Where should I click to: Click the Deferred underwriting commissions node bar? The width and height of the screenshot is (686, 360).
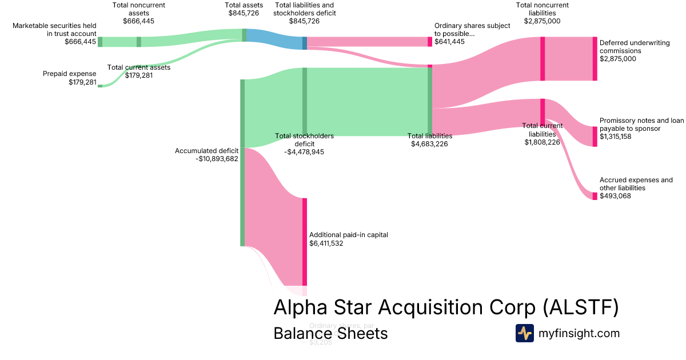click(x=595, y=58)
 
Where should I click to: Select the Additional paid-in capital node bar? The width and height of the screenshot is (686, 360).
click(x=305, y=242)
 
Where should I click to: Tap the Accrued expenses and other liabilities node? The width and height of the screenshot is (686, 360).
click(x=595, y=196)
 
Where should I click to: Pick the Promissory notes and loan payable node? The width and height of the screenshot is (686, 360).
click(x=595, y=137)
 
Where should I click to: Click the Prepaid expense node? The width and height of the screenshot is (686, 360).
click(x=100, y=86)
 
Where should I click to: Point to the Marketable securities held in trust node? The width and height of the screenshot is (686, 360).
click(x=100, y=42)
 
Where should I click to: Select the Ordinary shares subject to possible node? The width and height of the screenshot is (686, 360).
click(x=430, y=42)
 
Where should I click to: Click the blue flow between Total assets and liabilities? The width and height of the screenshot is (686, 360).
click(x=274, y=39)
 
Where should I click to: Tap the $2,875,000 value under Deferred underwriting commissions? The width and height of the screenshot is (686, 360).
click(x=618, y=59)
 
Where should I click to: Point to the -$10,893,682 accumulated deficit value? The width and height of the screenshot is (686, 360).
click(x=217, y=159)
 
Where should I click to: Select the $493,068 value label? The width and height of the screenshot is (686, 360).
click(x=616, y=196)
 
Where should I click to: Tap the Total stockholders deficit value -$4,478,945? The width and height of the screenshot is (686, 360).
click(x=304, y=152)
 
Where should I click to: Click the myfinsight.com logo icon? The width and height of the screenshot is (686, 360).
click(x=524, y=333)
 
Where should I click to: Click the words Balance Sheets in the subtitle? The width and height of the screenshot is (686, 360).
click(x=330, y=333)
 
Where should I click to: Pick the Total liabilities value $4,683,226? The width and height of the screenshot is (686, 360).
click(x=429, y=144)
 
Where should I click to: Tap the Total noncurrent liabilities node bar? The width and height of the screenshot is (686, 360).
click(x=543, y=58)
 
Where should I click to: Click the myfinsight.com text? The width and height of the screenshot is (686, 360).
click(x=579, y=333)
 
